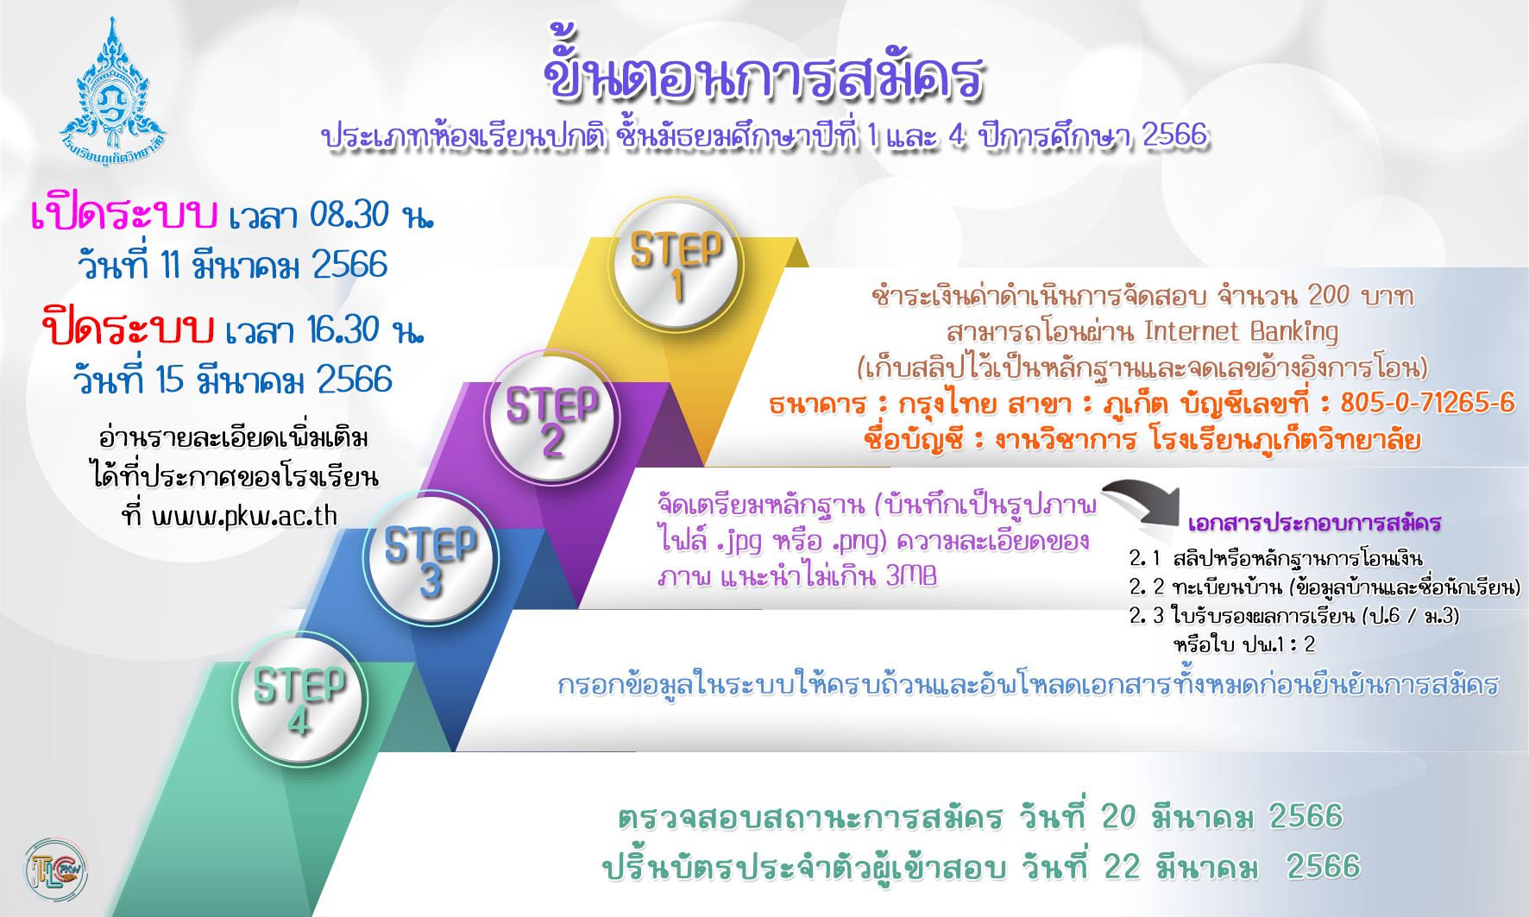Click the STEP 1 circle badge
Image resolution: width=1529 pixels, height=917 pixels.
[x=676, y=263]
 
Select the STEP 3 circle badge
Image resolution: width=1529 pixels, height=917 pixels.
[x=431, y=557]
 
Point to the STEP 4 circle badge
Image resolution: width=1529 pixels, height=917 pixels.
[x=299, y=699]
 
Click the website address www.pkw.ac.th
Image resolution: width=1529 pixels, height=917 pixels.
[x=244, y=516]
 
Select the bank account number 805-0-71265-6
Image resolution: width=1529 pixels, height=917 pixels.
[x=1427, y=402]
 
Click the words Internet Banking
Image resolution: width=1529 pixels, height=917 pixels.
[x=1241, y=331]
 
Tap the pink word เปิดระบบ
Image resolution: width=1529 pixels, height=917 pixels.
[x=123, y=213]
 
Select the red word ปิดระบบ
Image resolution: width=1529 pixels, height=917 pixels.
[x=128, y=327]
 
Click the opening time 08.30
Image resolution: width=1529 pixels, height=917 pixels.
[x=349, y=215]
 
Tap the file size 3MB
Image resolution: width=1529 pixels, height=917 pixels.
[x=911, y=575]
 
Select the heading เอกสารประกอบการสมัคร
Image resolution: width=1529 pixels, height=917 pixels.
[x=1314, y=523]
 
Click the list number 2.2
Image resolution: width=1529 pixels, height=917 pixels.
[x=1147, y=587]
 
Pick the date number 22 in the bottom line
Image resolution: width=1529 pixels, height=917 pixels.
[x=1123, y=866]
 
